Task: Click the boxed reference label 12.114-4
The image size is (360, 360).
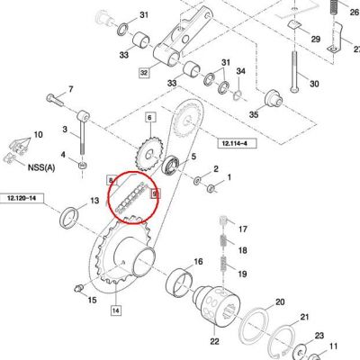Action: pos(238,143)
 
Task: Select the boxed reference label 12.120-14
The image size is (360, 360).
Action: pos(22,198)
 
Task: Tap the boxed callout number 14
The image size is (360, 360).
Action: pos(116,310)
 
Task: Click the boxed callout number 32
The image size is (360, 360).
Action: pos(144,73)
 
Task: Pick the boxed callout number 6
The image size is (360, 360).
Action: pos(149,118)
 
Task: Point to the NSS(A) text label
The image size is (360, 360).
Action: pos(41,166)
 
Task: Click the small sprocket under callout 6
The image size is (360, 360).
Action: pos(149,155)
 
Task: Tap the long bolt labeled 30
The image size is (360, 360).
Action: pos(294,72)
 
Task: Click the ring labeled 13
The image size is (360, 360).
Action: pos(70,217)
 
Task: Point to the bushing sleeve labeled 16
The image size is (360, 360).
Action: pos(179,283)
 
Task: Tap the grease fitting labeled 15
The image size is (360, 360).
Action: pos(77,289)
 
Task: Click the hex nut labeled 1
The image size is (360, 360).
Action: pos(211,189)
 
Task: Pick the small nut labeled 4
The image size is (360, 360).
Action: pos(82,165)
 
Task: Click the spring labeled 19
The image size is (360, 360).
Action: pos(224,265)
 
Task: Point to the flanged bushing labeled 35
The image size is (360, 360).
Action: pos(273,99)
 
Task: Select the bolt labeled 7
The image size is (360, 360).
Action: pos(55,99)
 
